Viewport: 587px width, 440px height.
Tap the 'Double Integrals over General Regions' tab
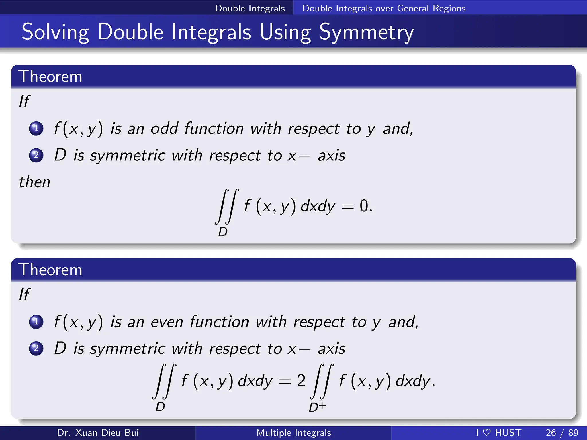coord(384,8)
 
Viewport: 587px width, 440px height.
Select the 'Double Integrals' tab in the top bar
coord(250,8)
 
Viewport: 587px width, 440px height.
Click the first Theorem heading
coord(50,76)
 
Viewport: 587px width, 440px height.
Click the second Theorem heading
coord(50,270)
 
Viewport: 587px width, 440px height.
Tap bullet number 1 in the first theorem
coord(36,128)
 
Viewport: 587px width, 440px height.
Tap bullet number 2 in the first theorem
coord(36,155)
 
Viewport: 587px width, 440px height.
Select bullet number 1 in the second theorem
coord(36,322)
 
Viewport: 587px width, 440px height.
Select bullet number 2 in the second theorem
coord(36,348)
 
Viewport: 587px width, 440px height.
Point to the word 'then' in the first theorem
coord(35,182)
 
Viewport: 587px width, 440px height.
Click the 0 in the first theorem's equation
coord(364,206)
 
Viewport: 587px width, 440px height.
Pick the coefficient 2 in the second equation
coord(301,381)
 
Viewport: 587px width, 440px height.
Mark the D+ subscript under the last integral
coord(317,407)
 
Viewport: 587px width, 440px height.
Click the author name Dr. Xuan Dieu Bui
coord(98,433)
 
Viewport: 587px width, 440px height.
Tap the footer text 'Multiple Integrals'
coord(293,433)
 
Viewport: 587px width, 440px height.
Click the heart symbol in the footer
coord(487,433)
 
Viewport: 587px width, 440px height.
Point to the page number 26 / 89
coord(562,433)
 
